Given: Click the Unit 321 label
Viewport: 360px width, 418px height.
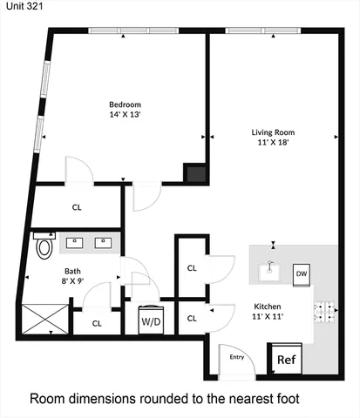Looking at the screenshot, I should pyautogui.click(x=19, y=7).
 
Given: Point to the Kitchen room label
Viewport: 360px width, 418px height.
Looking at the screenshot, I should pyautogui.click(x=268, y=307).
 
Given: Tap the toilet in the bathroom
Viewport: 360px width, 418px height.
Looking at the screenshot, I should pyautogui.click(x=44, y=246).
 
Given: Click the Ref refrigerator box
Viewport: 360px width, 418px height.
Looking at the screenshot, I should pyautogui.click(x=286, y=359).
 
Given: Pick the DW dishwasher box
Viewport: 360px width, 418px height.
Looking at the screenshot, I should pyautogui.click(x=302, y=274).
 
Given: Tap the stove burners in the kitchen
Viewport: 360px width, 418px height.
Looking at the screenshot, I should pyautogui.click(x=325, y=311).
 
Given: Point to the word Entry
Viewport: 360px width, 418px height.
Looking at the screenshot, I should pyautogui.click(x=236, y=356).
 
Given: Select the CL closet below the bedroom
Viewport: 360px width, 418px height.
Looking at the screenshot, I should pyautogui.click(x=77, y=207).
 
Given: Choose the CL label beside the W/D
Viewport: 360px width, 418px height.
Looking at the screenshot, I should pyautogui.click(x=192, y=319).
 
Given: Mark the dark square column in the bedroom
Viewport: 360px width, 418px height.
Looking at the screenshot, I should pyautogui.click(x=194, y=172).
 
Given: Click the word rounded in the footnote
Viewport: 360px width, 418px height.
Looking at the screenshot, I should pyautogui.click(x=178, y=399).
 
